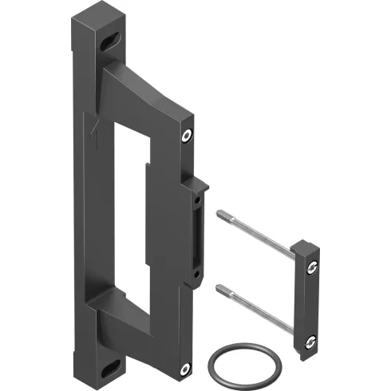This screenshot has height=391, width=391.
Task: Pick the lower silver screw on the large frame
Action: [184, 368]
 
